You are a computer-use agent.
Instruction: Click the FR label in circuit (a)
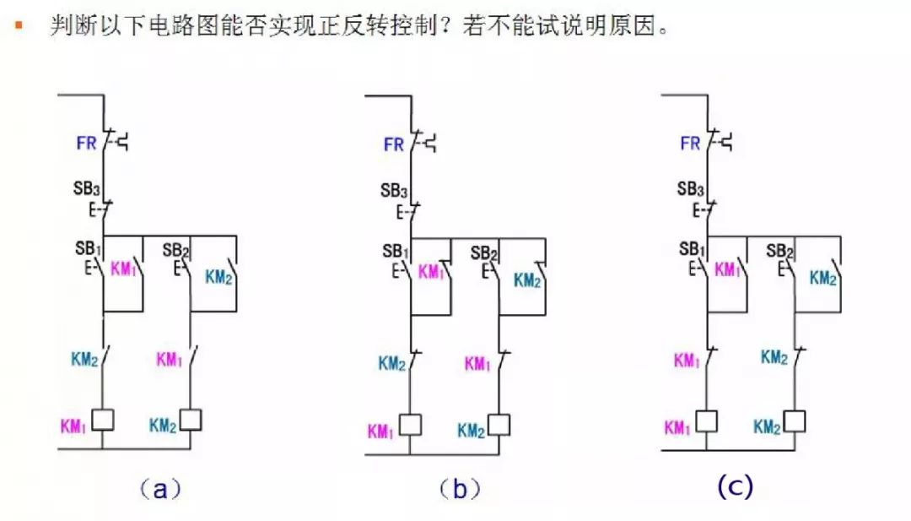click(x=86, y=143)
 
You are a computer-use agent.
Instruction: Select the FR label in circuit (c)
click(x=690, y=144)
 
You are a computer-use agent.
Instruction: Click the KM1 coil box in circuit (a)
click(x=103, y=418)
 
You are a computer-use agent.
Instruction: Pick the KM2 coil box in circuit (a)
click(x=191, y=418)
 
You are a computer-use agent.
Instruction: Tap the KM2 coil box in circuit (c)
click(x=795, y=420)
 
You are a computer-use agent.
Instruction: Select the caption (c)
click(x=734, y=486)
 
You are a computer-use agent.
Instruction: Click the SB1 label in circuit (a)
click(x=88, y=251)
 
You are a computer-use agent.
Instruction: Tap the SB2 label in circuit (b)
click(x=483, y=253)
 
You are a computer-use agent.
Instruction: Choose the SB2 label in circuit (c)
click(x=779, y=250)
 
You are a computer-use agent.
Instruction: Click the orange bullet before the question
click(x=18, y=25)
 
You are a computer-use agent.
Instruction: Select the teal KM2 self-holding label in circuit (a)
click(x=218, y=277)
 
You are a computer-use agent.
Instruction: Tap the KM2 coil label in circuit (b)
click(x=471, y=431)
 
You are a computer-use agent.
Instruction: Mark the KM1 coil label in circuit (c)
click(x=677, y=428)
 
